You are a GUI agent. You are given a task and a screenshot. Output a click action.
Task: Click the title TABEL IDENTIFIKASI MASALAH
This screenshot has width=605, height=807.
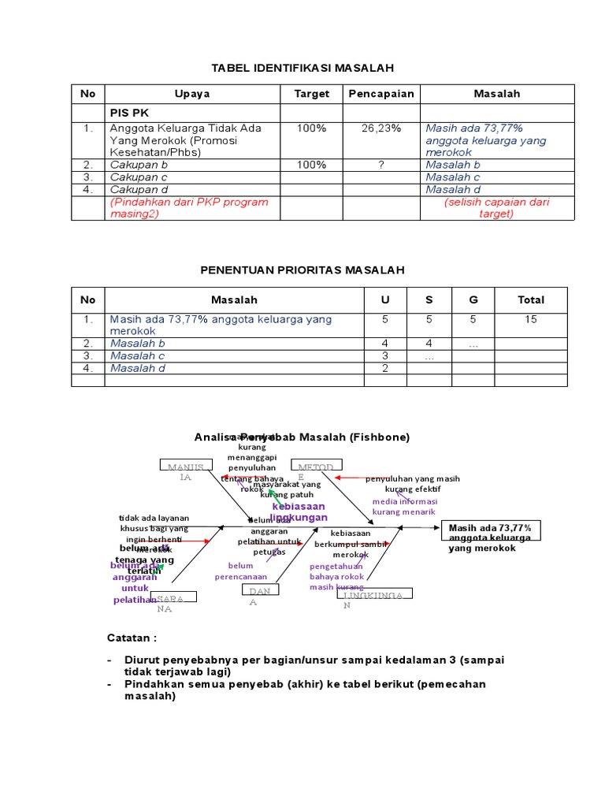point(303,69)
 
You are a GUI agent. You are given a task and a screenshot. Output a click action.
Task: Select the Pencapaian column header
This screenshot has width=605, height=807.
point(380,94)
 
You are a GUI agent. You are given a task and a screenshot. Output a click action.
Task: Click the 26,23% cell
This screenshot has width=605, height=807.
point(380,128)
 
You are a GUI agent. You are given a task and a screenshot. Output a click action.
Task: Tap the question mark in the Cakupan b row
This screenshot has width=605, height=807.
point(380,165)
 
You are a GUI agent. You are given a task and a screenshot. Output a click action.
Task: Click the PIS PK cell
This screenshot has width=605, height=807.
point(129,113)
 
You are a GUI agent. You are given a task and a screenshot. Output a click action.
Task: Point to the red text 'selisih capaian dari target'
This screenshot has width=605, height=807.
point(496,208)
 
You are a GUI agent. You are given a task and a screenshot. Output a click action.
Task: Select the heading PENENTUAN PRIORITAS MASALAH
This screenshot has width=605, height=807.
point(303,270)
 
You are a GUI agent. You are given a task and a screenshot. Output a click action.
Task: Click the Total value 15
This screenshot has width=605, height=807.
point(530,319)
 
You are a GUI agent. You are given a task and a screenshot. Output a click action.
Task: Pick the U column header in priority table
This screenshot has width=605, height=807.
point(385,300)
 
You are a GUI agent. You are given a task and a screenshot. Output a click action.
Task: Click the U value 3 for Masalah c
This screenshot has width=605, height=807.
point(385,355)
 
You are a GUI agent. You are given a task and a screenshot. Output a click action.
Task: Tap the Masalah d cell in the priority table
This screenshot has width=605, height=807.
point(138,368)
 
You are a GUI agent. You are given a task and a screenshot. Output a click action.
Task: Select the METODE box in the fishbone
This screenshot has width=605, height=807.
point(314,467)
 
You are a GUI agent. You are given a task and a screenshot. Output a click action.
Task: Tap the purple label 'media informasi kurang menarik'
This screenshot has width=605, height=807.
point(403,506)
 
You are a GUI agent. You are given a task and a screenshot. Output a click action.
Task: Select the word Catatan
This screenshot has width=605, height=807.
point(131,637)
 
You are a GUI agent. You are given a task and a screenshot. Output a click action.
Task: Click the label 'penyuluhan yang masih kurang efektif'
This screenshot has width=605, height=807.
point(412,483)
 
